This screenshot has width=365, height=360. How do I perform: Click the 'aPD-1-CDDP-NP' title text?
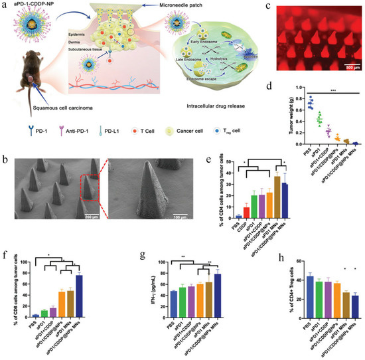click(x=32, y=5)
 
